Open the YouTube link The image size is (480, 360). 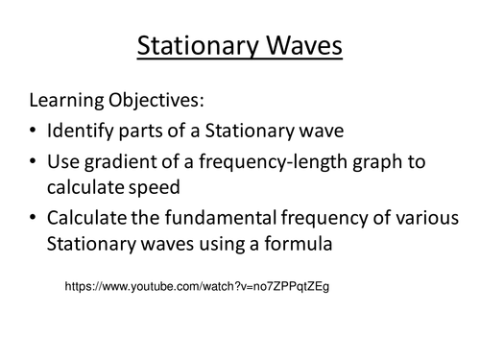pos(197,287)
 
